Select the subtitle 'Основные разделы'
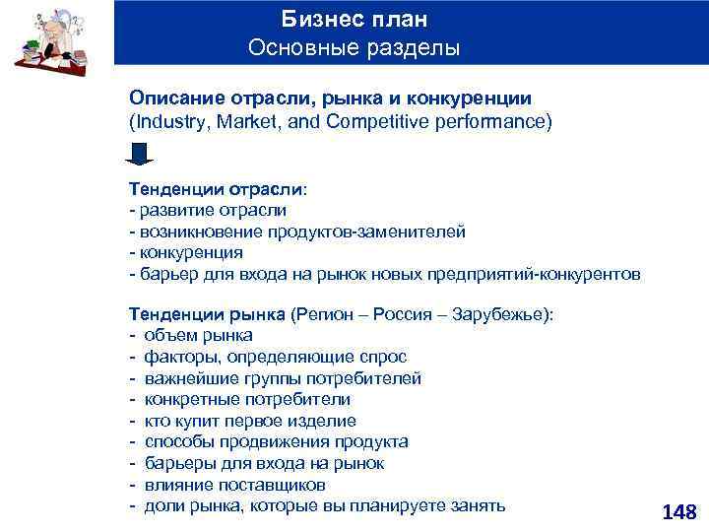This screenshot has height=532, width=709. coord(354,47)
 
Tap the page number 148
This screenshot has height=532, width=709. coord(679,511)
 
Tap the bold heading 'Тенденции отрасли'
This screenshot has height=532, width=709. coord(216,188)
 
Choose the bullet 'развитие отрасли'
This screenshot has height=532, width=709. coord(212,210)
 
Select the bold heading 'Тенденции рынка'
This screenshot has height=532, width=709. coord(207,313)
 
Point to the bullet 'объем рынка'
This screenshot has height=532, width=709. coord(198,335)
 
